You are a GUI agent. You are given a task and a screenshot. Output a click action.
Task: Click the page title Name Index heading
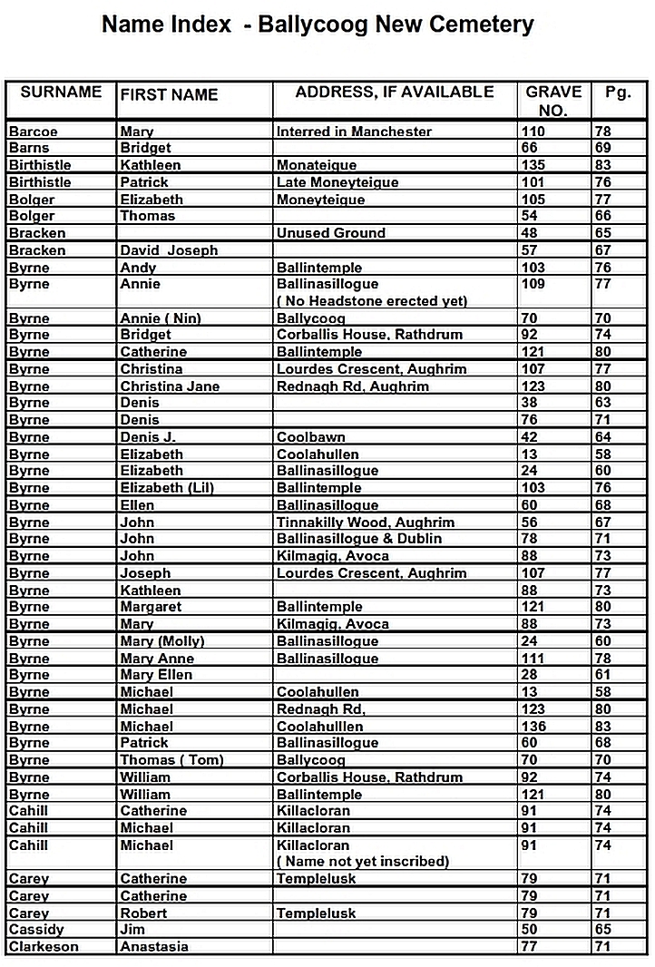tap(318, 24)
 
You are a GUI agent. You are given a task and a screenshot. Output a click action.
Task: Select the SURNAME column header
tap(61, 93)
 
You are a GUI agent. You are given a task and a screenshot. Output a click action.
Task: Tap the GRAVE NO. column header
tap(553, 101)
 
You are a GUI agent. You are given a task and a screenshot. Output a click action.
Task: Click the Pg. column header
tap(618, 93)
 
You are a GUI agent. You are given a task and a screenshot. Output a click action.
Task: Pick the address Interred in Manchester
tap(354, 132)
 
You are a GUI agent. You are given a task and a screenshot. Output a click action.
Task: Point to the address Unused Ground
tap(331, 233)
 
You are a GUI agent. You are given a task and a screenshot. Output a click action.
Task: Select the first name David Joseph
tap(169, 250)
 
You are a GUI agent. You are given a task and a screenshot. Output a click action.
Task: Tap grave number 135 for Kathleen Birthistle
tap(533, 165)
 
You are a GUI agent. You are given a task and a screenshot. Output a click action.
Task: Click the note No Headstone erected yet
tap(372, 301)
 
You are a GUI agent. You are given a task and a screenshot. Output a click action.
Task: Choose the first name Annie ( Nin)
tap(161, 318)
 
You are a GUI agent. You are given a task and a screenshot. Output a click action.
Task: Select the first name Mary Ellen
tap(156, 675)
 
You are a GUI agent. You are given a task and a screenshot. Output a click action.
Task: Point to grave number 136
tap(533, 727)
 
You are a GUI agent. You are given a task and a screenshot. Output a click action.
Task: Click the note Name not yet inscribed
tap(363, 862)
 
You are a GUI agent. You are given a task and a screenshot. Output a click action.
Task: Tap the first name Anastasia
tap(154, 947)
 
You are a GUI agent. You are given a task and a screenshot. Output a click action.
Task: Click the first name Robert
tap(143, 913)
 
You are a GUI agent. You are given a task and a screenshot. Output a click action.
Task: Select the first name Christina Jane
tap(170, 386)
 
